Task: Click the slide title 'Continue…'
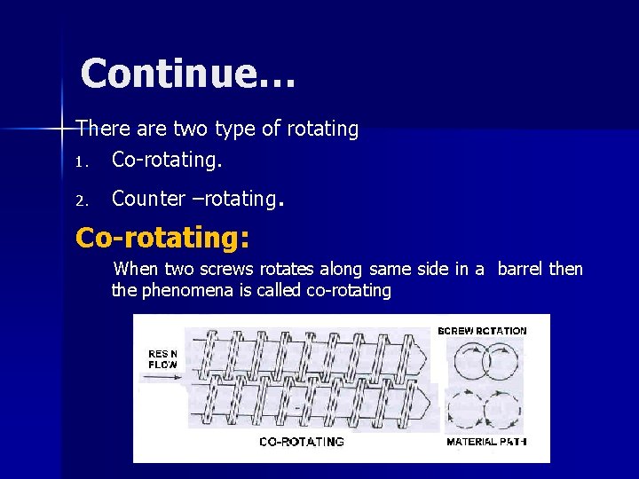coord(187,74)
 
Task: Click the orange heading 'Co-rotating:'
coord(162,238)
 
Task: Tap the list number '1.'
coord(82,162)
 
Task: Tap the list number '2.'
coord(82,201)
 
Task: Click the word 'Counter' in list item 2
coord(148,199)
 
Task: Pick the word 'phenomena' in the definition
coord(185,290)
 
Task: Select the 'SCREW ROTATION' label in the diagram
coord(482,331)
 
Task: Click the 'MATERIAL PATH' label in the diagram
coord(485,442)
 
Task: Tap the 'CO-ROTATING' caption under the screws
coord(302,442)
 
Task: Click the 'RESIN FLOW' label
coord(162,358)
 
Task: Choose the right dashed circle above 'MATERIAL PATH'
coord(502,411)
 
